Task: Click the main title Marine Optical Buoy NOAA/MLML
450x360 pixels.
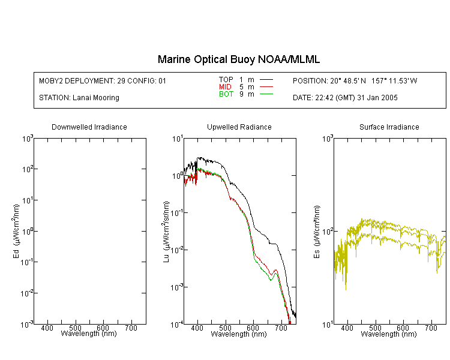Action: tap(239, 59)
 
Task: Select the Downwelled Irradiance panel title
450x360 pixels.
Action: tap(89, 127)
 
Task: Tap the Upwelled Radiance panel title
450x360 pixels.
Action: tap(239, 127)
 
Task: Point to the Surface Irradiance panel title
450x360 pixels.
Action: tap(389, 127)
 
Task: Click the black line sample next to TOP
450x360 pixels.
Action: tap(266, 80)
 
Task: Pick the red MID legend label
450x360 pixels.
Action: tap(225, 86)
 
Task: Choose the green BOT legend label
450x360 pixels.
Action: tap(226, 94)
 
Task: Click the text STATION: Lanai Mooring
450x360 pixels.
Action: tap(79, 98)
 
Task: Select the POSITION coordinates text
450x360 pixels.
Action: tap(355, 80)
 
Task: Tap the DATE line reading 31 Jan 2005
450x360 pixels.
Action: tap(345, 98)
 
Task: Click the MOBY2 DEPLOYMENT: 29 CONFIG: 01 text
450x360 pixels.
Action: tap(103, 80)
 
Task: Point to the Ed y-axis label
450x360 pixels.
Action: tap(16, 231)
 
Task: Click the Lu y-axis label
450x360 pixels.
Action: tap(166, 232)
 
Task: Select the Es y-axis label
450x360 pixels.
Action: tap(317, 232)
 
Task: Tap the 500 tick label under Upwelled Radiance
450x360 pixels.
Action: tap(225, 328)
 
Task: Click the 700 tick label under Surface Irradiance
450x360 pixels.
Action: tap(431, 328)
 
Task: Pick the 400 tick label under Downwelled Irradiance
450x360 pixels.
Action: tap(47, 328)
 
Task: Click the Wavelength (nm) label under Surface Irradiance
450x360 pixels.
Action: tap(389, 334)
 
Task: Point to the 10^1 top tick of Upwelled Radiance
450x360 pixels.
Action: tap(178, 139)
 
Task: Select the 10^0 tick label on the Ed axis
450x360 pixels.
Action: tap(28, 232)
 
